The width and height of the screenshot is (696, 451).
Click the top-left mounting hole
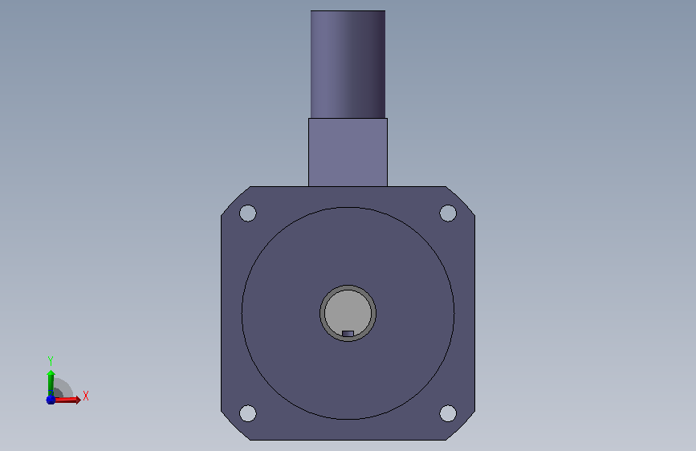click(x=248, y=213)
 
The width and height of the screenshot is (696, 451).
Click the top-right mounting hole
click(x=448, y=213)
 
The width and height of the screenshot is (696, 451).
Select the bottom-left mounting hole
click(x=248, y=413)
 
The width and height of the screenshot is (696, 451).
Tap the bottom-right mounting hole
click(x=448, y=413)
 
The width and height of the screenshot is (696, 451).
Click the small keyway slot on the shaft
click(x=348, y=333)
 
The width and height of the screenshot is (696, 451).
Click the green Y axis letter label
click(x=51, y=360)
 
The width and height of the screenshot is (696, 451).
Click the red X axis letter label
click(x=86, y=396)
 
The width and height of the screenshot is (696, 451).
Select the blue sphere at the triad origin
click(x=51, y=400)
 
